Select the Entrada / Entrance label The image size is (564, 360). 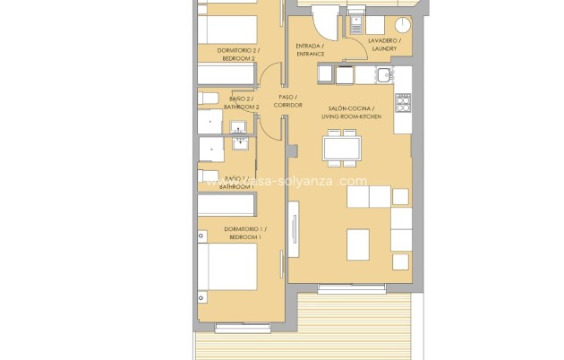click(310, 49)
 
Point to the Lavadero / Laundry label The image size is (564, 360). click(387, 46)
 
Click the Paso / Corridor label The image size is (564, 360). click(287, 101)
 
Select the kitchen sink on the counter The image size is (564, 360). click(383, 75)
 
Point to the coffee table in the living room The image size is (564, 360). click(358, 242)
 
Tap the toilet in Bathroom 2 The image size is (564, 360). click(208, 97)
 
